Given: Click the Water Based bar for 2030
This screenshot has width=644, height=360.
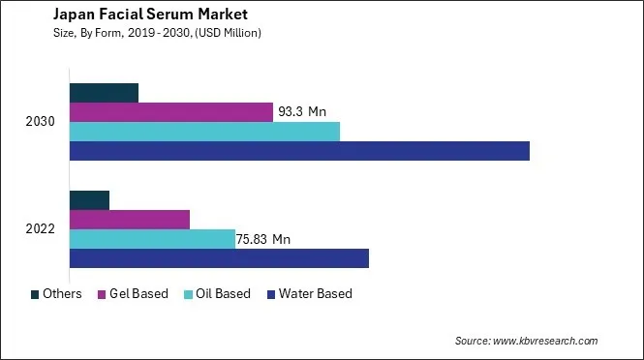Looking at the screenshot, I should [x=299, y=151].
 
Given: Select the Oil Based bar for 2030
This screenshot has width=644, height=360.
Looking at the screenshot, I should [x=204, y=132].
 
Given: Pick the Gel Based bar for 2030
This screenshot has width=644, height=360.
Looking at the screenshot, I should [x=170, y=112].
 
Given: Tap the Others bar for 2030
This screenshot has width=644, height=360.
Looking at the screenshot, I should [x=104, y=93].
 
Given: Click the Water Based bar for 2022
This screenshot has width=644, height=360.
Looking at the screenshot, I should [x=219, y=258].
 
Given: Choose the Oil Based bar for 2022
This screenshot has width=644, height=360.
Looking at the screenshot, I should [x=152, y=239].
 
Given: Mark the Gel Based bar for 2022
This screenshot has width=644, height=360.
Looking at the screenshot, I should [x=129, y=220].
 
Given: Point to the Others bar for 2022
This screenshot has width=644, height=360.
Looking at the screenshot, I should [x=89, y=200].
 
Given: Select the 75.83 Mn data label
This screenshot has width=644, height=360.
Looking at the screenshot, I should [x=267, y=239].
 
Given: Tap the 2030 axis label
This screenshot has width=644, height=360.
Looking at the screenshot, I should [x=42, y=122].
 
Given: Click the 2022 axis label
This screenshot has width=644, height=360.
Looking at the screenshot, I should [x=42, y=229].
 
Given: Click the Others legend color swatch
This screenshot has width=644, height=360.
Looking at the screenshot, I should [x=36, y=294].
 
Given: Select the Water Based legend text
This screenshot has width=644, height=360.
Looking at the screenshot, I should [x=315, y=294].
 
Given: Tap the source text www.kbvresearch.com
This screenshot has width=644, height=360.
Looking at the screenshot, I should [x=545, y=341].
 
